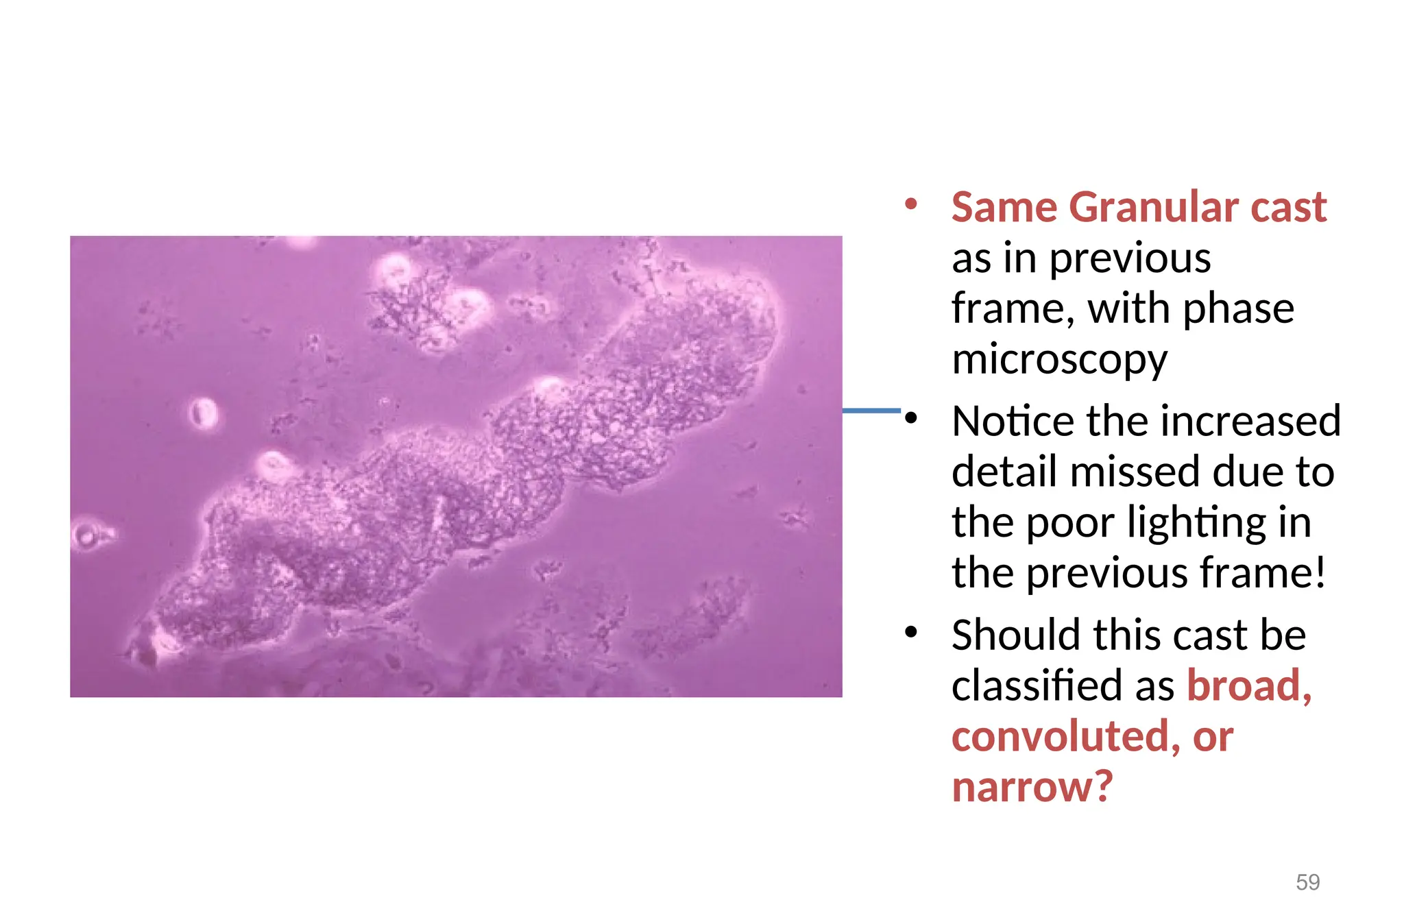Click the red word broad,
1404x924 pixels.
(x=1249, y=685)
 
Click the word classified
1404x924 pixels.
(x=1044, y=685)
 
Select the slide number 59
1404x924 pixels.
(x=1307, y=882)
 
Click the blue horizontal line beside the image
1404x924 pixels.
(x=871, y=411)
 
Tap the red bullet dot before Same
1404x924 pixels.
(x=910, y=204)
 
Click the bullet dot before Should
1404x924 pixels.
(x=910, y=632)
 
